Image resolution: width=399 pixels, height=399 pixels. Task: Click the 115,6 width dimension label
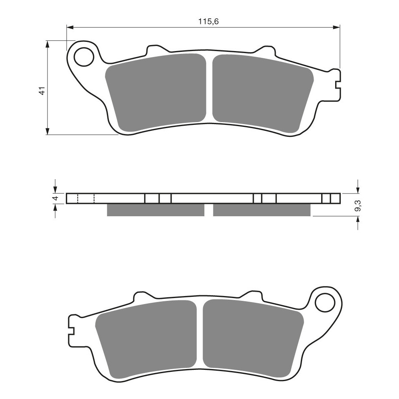tap(208, 22)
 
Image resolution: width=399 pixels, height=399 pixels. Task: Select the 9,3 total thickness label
tap(358, 205)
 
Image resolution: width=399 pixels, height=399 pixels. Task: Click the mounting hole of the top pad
tap(83, 57)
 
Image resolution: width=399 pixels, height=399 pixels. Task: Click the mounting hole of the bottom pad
tap(325, 302)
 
